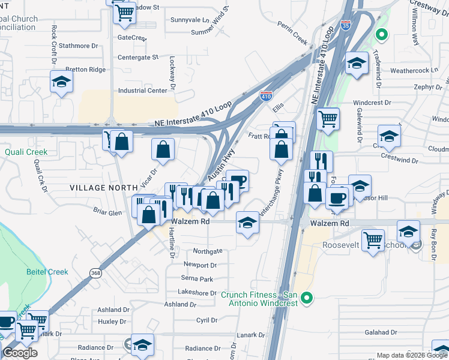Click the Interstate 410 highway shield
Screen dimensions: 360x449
tap(267, 95)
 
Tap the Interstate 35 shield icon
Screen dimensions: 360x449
tap(344, 25)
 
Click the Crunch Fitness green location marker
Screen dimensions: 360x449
tap(307, 297)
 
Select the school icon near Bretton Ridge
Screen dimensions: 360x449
tap(61, 82)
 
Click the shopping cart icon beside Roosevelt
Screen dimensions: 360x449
tap(374, 241)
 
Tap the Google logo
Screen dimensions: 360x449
tap(20, 353)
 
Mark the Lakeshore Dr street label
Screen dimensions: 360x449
tap(196, 293)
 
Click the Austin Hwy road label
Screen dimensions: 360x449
tap(221, 166)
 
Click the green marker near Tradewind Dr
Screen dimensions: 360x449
tap(381, 35)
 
